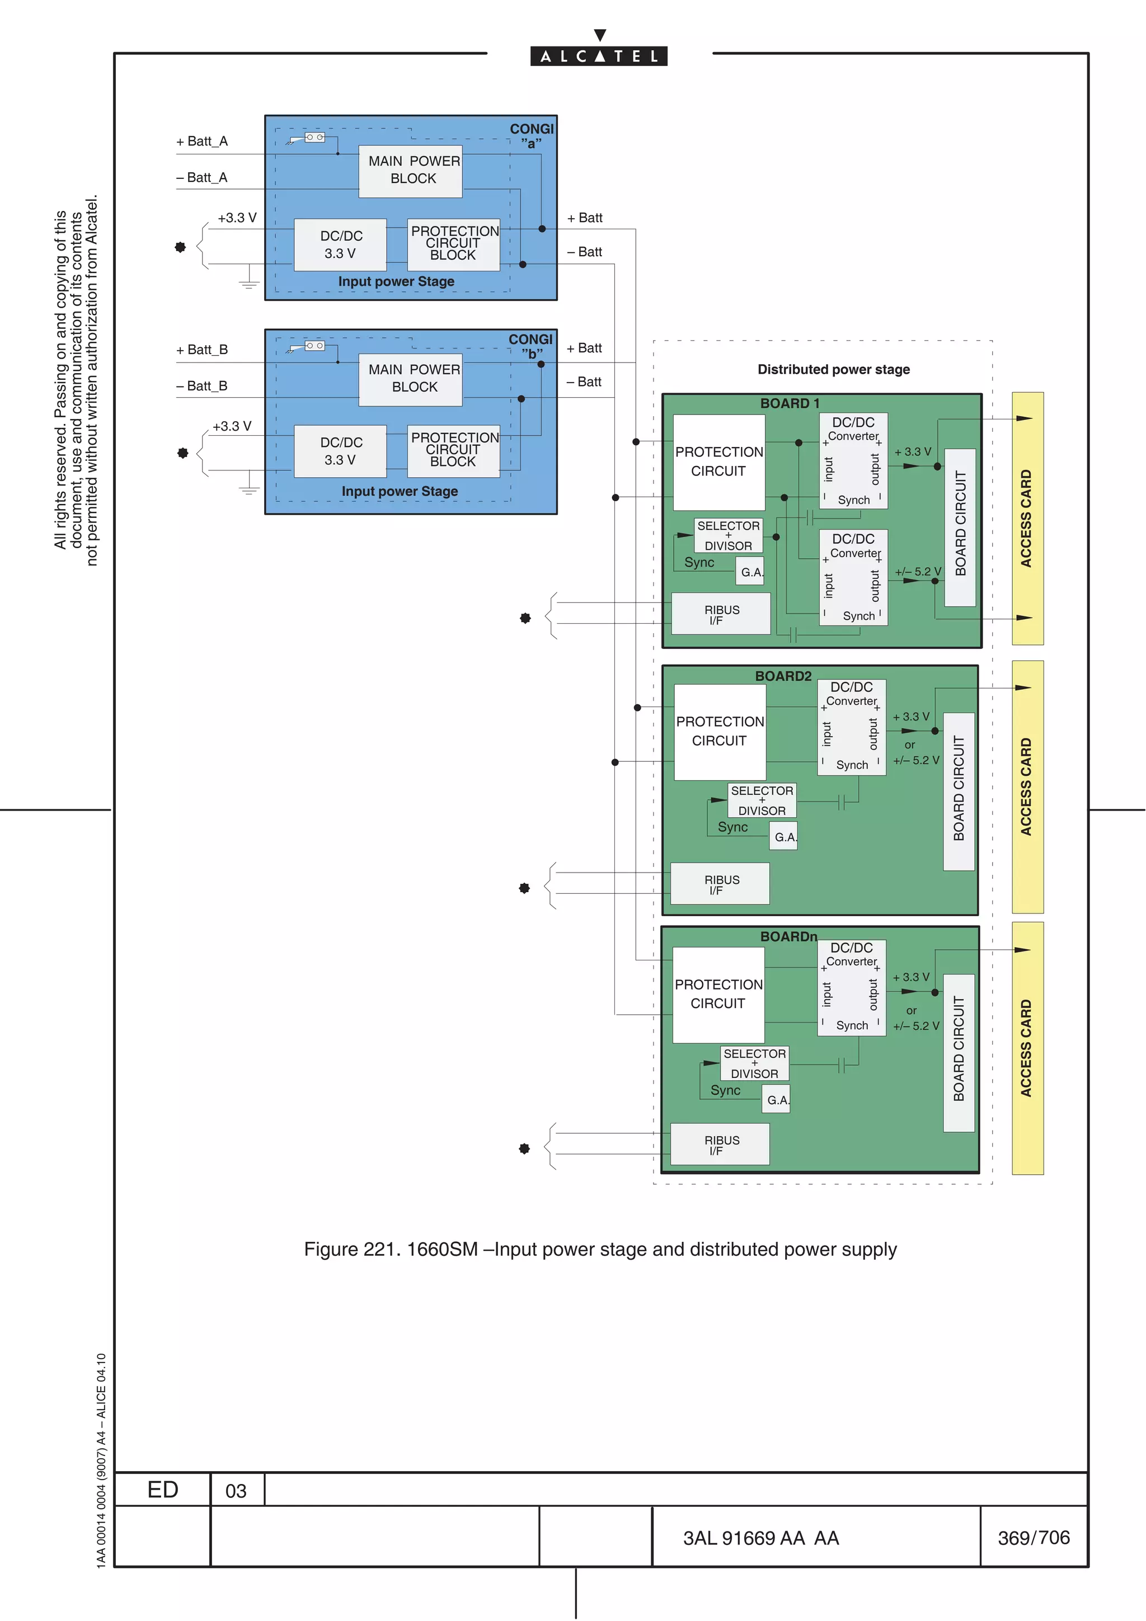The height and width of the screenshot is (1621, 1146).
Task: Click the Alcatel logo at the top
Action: coord(599,55)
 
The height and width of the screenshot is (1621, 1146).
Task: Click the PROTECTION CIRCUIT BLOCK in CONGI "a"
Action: coord(454,243)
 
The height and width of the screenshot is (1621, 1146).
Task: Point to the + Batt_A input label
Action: coord(202,141)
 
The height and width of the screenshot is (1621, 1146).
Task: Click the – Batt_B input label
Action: coord(202,386)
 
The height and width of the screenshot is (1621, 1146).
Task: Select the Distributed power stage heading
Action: coord(833,369)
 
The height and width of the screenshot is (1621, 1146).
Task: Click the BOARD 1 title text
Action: coord(790,403)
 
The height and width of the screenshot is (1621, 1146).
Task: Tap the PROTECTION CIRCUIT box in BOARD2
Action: coord(720,732)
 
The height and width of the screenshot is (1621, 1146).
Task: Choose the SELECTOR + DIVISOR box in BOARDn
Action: coord(754,1063)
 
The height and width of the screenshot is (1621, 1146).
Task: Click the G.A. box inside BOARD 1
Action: coord(750,572)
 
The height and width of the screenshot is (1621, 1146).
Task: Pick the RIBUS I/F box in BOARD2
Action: coord(720,884)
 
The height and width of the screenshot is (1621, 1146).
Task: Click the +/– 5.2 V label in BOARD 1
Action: coord(917,571)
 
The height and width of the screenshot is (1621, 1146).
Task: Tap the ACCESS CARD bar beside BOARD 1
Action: coord(1027,518)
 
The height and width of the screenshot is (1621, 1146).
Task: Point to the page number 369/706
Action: coord(1033,1537)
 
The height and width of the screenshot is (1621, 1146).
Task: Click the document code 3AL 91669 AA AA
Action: coord(760,1538)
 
